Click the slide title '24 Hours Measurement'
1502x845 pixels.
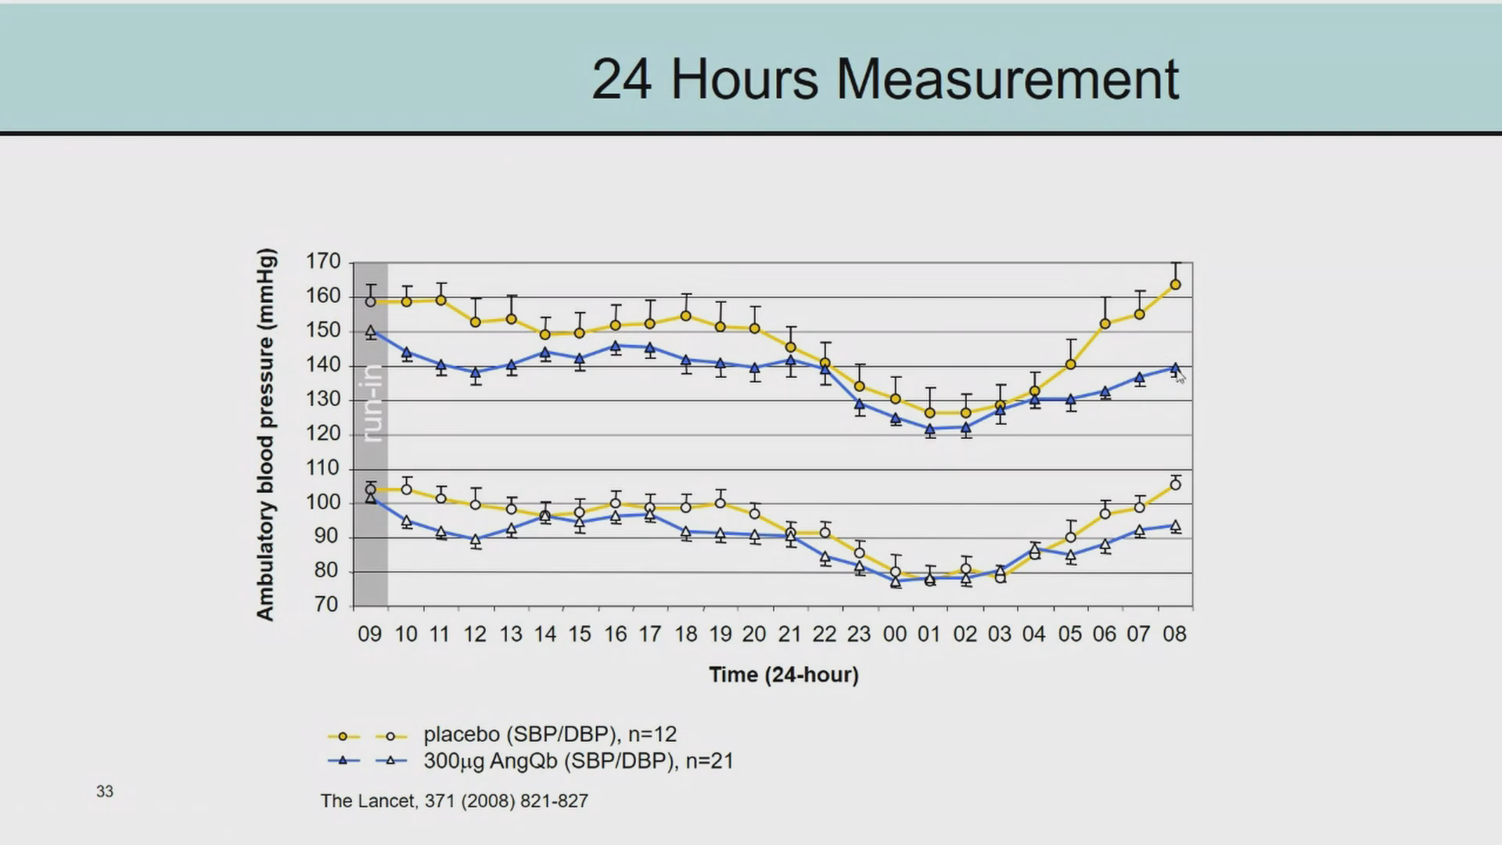pyautogui.click(x=885, y=79)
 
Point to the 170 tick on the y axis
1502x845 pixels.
pyautogui.click(x=323, y=261)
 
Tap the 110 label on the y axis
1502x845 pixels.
pyautogui.click(x=323, y=468)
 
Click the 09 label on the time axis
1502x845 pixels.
pyautogui.click(x=370, y=634)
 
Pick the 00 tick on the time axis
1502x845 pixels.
pyautogui.click(x=894, y=634)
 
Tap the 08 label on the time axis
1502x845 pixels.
pyautogui.click(x=1174, y=634)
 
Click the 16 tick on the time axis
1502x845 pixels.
pyautogui.click(x=615, y=634)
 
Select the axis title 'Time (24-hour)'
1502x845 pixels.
pyautogui.click(x=784, y=674)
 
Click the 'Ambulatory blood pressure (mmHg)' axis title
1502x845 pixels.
pyautogui.click(x=266, y=434)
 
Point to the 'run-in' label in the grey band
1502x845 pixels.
pyautogui.click(x=373, y=403)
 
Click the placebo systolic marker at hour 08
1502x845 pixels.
pyautogui.click(x=1175, y=285)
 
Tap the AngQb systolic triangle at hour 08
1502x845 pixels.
pyautogui.click(x=1175, y=368)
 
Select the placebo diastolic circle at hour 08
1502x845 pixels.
pyautogui.click(x=1175, y=485)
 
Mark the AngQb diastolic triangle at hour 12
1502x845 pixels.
pyautogui.click(x=476, y=539)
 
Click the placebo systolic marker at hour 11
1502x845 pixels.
pyautogui.click(x=440, y=300)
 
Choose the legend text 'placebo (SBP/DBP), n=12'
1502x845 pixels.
pyautogui.click(x=550, y=735)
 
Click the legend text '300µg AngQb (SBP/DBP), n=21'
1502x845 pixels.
pyautogui.click(x=578, y=761)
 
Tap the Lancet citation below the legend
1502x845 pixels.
pyautogui.click(x=454, y=801)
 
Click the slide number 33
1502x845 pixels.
pyautogui.click(x=105, y=792)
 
